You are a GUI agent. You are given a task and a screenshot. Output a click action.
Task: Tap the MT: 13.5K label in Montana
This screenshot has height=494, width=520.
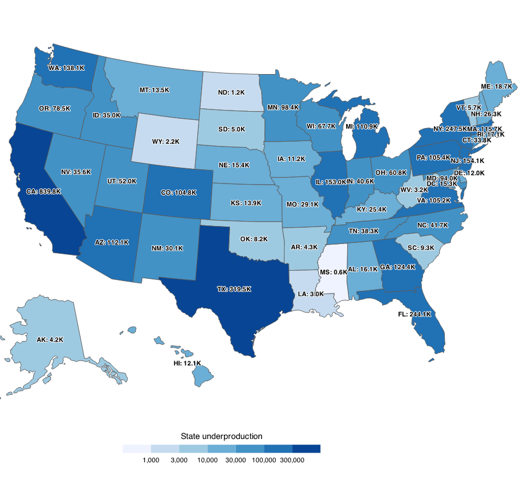point(154,90)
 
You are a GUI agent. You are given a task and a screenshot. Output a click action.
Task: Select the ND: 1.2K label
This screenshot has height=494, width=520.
point(232,93)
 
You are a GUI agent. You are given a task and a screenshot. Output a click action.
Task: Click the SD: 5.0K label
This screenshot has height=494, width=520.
point(232,130)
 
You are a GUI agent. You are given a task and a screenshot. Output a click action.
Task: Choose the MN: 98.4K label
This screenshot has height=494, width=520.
point(283,107)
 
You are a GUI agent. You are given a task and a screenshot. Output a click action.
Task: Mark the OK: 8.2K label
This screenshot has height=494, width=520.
point(254,239)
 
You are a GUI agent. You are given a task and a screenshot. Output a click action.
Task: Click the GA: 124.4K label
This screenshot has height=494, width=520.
point(398,267)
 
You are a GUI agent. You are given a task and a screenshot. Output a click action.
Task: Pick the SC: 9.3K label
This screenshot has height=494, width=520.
point(421,247)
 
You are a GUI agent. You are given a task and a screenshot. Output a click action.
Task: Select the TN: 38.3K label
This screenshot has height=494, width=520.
point(364,230)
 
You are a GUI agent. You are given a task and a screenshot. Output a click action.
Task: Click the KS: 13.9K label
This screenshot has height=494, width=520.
point(246,203)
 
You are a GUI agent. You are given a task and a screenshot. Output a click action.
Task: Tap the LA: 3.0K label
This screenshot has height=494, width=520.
point(311,294)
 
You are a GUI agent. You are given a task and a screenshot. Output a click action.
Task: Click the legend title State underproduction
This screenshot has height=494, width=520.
point(222,436)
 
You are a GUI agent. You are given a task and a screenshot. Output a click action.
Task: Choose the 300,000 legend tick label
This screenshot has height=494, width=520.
point(293,460)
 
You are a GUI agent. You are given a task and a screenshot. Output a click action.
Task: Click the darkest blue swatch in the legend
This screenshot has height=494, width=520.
point(306,449)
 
